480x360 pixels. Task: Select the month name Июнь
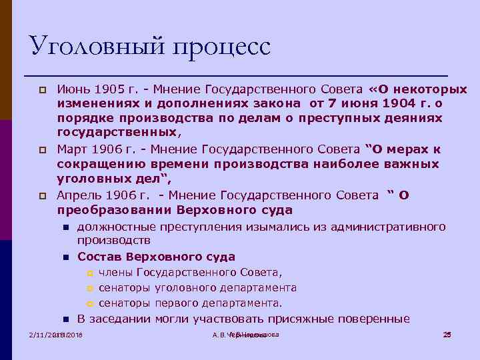pyautogui.click(x=73, y=89)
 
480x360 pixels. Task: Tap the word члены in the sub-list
pyautogui.click(x=115, y=272)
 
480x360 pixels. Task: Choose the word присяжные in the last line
pyautogui.click(x=293, y=319)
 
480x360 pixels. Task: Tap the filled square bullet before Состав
pyautogui.click(x=66, y=257)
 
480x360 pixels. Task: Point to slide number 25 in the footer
pyautogui.click(x=447, y=335)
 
